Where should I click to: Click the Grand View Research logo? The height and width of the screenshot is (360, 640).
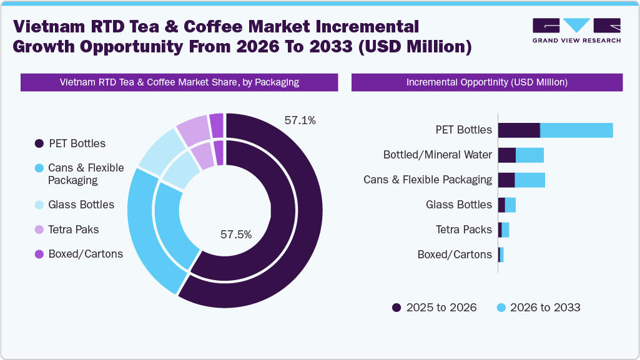pos(576,31)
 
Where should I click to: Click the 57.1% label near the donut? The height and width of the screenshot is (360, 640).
pos(300,120)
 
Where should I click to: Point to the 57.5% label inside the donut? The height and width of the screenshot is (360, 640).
pos(236,235)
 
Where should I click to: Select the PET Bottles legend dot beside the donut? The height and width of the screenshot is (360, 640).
pos(39,144)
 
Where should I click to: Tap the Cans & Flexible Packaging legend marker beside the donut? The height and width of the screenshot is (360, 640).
pos(39,168)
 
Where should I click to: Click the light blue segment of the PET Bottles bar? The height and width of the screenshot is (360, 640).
pos(576,130)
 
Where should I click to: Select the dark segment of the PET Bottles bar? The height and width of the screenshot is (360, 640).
pos(519,130)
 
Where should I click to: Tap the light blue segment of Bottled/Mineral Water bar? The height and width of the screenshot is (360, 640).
pos(529,155)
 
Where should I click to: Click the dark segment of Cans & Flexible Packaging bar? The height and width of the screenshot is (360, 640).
pos(506,180)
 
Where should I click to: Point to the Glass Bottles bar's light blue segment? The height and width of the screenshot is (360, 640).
pos(510,205)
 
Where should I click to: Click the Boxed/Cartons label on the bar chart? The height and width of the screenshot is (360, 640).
pos(455,255)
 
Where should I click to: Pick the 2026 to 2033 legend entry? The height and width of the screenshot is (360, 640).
pos(538,307)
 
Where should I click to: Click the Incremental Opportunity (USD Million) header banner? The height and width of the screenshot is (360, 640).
pos(487,82)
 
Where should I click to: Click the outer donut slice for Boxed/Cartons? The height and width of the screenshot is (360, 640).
pos(217,125)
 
